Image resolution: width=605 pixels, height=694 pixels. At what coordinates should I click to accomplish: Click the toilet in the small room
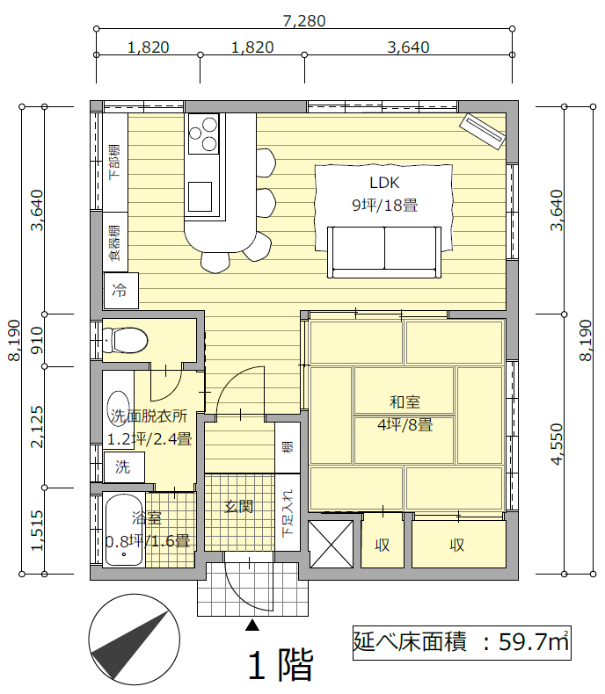coord(125,340)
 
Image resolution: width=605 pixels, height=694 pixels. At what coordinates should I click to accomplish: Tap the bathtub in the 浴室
coord(124,530)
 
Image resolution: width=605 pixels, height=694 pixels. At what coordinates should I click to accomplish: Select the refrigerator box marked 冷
coord(120,291)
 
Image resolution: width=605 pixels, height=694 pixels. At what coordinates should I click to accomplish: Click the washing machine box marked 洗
coord(124,466)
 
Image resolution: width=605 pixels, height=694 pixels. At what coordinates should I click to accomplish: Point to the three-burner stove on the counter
coord(203,134)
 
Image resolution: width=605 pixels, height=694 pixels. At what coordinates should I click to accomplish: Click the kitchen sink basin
coord(200,197)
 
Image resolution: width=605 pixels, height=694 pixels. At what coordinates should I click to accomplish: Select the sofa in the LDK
coord(384,252)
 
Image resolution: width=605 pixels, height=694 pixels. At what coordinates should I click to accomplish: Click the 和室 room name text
coord(405,401)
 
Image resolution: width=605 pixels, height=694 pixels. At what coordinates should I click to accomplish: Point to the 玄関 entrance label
coord(238,506)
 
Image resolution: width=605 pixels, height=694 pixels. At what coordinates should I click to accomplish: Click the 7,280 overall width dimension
coord(304,21)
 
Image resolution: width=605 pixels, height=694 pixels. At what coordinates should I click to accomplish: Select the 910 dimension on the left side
coord(37,340)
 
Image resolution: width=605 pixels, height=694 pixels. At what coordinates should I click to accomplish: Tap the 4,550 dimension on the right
coord(557,445)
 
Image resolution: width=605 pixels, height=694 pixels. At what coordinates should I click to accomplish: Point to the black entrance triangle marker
coord(252,625)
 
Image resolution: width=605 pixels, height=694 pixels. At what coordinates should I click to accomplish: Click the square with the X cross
coord(331,544)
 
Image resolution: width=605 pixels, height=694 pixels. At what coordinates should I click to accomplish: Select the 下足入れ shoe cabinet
coord(288,512)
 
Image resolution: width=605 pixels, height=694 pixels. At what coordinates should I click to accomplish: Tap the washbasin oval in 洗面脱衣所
coord(117,406)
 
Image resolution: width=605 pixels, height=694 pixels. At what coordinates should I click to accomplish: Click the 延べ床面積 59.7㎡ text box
coord(462,643)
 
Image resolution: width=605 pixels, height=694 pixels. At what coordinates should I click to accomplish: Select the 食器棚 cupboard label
coord(114,242)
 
